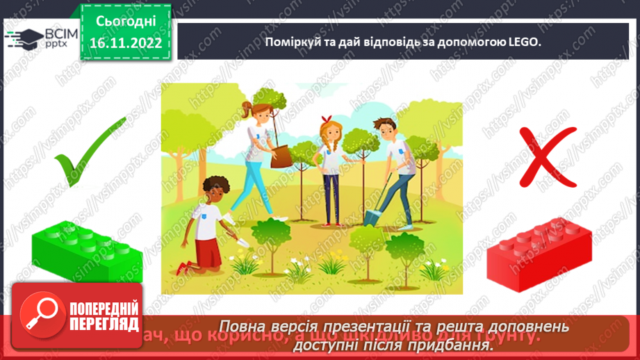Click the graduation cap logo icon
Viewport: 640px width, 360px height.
tap(23, 39)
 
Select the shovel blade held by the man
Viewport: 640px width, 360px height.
tap(369, 215)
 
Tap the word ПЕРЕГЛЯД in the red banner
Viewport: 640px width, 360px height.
tap(104, 324)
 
